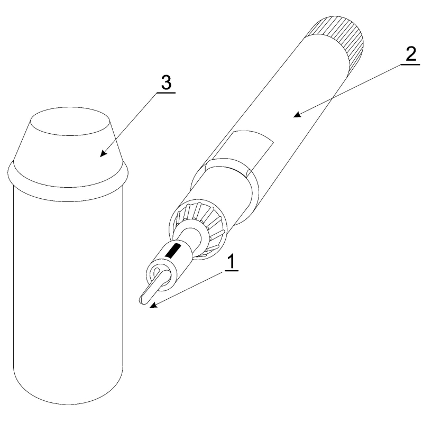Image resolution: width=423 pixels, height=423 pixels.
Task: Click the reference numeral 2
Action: [410, 54]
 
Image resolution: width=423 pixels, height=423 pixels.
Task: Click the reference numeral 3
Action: [166, 82]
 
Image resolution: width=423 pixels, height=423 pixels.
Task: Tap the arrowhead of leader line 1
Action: [153, 305]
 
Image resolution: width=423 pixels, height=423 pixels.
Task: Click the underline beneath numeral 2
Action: [410, 65]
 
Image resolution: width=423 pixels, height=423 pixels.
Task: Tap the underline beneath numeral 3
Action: [165, 93]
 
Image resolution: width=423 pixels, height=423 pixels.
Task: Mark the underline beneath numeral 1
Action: [231, 271]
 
